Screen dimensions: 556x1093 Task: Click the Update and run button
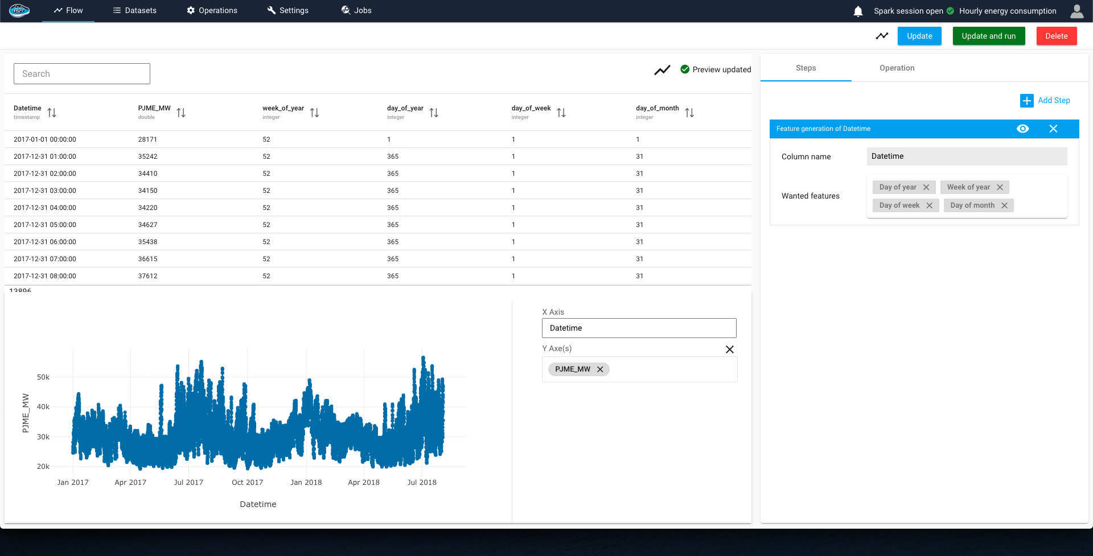988,36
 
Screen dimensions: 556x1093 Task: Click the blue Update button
919,36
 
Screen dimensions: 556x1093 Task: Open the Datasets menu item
135,10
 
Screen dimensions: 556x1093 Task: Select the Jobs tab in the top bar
356,10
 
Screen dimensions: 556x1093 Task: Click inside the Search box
82,73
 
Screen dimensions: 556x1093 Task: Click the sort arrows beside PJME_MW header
181,113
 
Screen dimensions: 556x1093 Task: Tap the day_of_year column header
405,108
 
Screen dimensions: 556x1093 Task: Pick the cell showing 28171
147,139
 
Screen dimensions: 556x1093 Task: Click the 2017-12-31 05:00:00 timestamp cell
45,225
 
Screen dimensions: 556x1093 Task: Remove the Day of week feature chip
929,205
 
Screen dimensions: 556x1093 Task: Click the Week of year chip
968,187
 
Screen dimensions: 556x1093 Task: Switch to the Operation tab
897,68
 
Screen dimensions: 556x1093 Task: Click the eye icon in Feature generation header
1022,129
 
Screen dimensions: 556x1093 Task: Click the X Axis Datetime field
639,328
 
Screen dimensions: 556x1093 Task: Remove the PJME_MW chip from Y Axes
600,369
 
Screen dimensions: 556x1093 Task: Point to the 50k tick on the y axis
43,377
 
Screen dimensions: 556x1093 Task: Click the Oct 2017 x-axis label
247,482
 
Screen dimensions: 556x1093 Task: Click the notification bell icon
858,11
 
